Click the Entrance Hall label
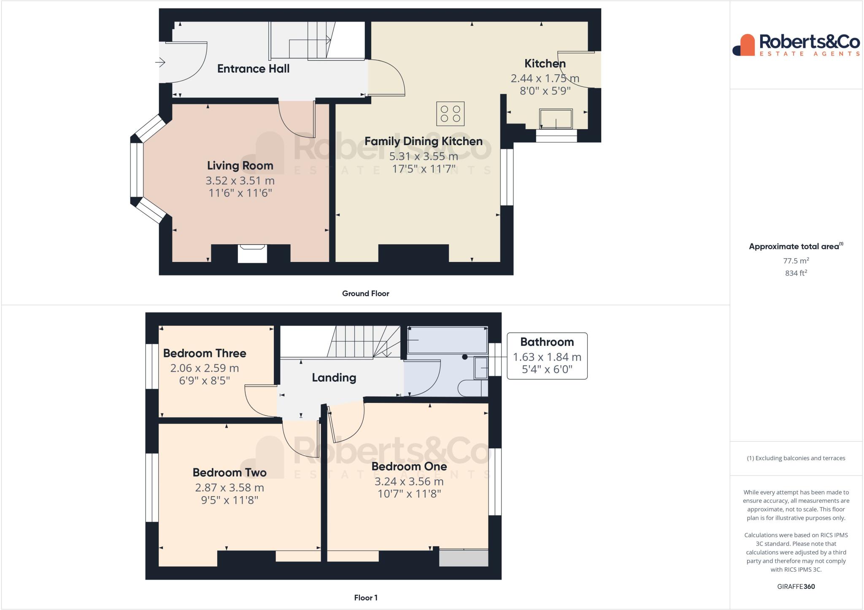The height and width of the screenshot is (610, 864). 253,69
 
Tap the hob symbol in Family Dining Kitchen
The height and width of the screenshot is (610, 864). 450,114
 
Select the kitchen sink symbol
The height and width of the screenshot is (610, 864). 556,119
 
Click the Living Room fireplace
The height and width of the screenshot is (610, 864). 252,253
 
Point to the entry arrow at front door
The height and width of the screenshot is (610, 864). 160,63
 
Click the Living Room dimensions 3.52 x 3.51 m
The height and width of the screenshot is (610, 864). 240,181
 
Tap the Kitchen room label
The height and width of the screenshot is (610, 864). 545,64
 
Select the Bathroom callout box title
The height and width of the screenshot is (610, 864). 547,342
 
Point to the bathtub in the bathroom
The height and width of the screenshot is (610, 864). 447,340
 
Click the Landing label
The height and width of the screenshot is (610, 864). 334,378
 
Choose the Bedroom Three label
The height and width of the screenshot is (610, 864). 205,353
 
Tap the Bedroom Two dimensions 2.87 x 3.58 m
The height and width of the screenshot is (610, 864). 229,488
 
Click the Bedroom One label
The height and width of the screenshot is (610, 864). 409,467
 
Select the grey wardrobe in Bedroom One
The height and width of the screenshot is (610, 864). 463,557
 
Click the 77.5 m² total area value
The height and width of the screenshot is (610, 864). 796,261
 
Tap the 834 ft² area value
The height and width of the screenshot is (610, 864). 796,273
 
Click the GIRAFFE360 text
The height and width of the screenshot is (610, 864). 796,586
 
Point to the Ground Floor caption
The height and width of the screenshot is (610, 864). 365,294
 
